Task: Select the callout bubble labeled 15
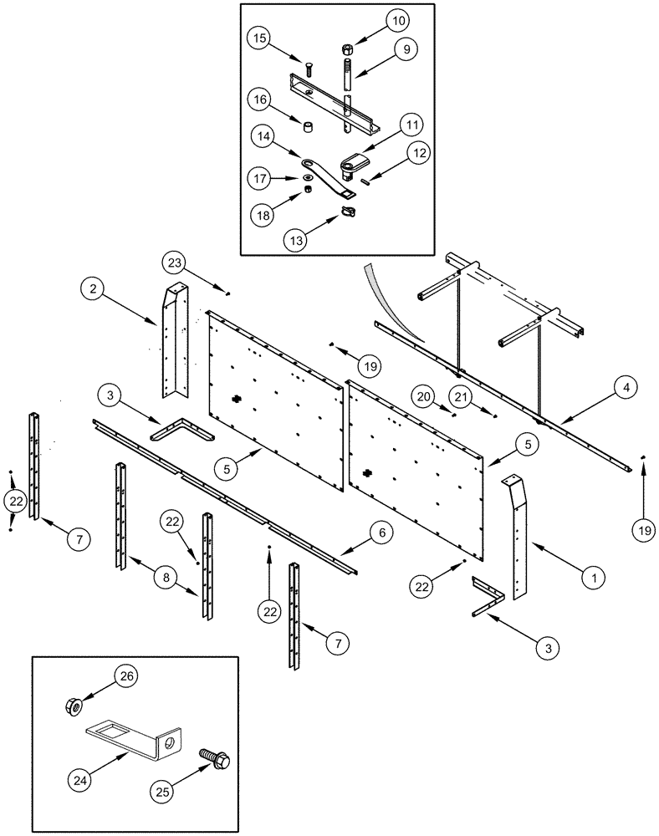261,39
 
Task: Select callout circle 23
177,263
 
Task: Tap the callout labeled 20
425,397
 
